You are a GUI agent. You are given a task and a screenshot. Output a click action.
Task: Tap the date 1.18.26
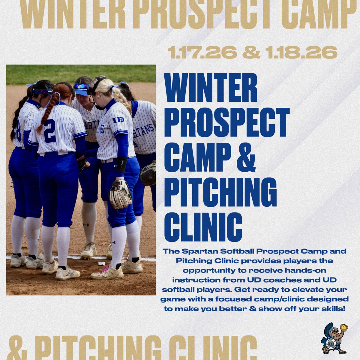(x=301, y=53)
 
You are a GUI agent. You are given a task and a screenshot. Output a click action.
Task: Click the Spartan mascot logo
(x=334, y=338)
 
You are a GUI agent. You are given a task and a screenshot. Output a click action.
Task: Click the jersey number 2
(x=50, y=131)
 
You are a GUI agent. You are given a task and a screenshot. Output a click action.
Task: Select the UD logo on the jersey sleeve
(x=118, y=120)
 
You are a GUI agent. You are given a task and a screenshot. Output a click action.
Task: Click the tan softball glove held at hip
(x=120, y=194)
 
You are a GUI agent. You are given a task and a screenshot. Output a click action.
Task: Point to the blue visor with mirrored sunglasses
(x=82, y=88)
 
